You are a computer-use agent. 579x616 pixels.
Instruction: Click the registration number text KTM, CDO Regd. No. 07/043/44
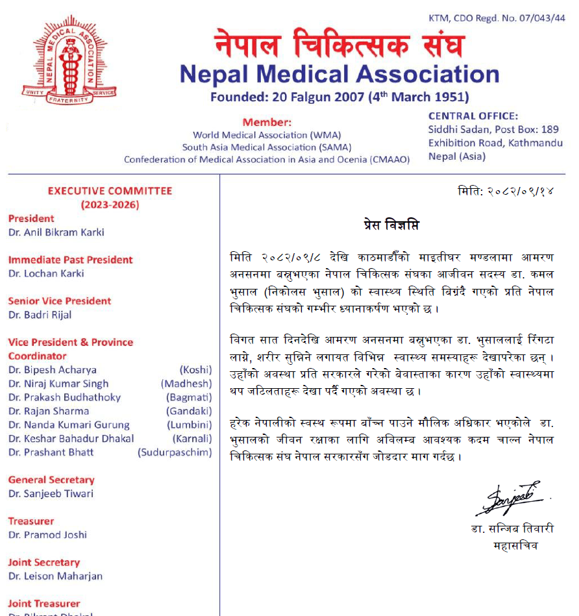pos(497,18)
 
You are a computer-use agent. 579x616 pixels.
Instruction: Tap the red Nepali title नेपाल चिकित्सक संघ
pos(339,44)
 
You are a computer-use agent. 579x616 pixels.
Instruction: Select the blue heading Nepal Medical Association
pos(339,75)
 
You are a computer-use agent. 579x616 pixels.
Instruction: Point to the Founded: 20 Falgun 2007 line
pos(339,98)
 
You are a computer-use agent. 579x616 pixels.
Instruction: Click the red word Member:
pos(267,122)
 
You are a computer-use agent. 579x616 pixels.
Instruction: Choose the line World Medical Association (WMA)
pos(267,135)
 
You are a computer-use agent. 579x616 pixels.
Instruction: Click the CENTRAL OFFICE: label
pos(473,116)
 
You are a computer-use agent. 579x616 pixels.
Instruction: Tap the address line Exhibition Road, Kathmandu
pos(495,143)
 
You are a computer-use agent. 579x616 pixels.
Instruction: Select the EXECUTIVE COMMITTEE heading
pos(110,191)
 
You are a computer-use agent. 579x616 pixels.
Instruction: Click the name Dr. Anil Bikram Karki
pos(56,232)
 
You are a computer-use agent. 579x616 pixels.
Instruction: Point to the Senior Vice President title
pos(60,301)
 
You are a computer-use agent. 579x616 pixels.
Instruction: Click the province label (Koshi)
pos(195,370)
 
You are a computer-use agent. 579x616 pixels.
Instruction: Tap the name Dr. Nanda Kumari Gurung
pos(69,425)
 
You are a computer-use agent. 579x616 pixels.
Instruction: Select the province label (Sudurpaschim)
pos(175,452)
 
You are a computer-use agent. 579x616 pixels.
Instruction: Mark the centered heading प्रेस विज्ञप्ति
pos(391,225)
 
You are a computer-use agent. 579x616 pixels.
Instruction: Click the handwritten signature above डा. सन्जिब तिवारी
pos(511,500)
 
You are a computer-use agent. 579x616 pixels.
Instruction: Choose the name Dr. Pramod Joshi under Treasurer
pos(47,535)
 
